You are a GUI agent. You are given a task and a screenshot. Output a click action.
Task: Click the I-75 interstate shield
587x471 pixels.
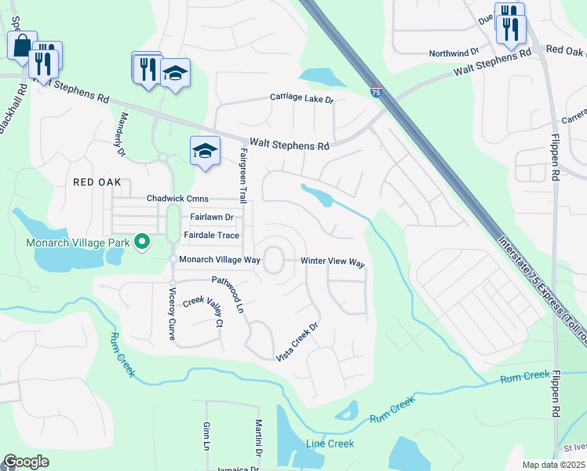(x=376, y=93)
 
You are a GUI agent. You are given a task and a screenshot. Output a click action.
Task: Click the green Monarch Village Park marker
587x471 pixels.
(x=142, y=242)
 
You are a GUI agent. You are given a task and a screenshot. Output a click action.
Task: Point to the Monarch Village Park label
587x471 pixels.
(x=77, y=243)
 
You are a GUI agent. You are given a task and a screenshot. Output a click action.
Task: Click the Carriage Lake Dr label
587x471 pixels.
(x=302, y=100)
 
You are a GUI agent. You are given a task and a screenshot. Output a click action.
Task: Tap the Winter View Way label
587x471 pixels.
(x=334, y=262)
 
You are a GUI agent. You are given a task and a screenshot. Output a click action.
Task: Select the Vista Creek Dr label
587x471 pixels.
(x=298, y=342)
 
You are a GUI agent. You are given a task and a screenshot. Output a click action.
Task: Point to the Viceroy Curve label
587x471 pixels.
(x=172, y=314)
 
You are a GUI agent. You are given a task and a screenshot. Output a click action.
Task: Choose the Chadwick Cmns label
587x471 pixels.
(x=177, y=199)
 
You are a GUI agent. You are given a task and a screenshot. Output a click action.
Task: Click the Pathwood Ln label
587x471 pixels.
(x=228, y=290)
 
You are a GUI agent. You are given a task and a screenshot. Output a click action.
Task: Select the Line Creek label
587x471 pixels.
(x=330, y=444)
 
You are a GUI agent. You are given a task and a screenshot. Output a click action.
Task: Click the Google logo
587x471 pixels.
(x=26, y=462)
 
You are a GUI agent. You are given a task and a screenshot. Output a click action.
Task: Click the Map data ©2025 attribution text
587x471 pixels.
(x=552, y=465)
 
